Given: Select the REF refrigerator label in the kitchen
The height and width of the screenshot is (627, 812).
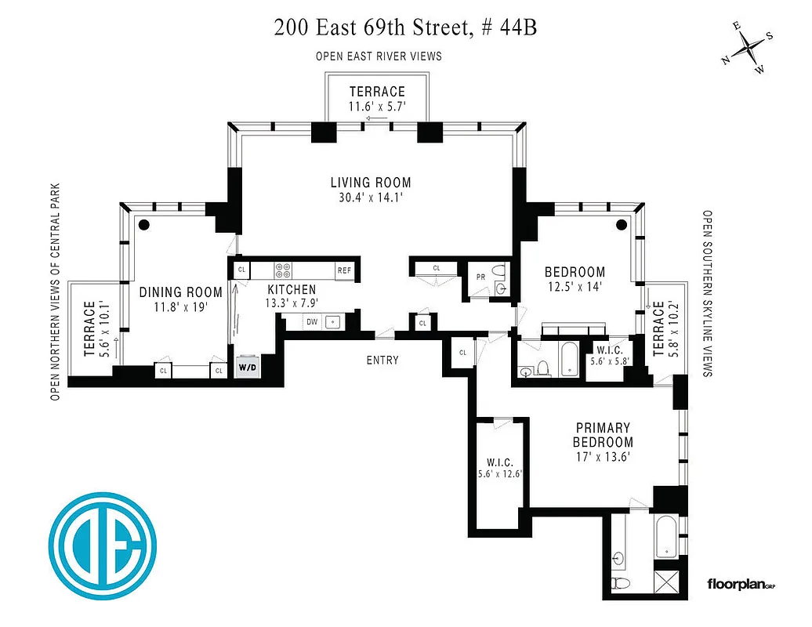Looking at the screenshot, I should click(344, 270).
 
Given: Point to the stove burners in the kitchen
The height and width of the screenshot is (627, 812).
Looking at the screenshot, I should click(283, 270).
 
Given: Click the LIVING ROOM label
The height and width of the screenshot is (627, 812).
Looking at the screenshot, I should click(370, 183).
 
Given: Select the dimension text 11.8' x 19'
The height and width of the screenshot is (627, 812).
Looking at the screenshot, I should click(180, 306).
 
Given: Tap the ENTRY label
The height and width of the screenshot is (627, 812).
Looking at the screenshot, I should click(382, 360).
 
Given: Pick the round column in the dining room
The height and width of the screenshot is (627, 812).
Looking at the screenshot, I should click(144, 224).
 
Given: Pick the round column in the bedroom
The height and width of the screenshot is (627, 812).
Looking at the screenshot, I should click(621, 226).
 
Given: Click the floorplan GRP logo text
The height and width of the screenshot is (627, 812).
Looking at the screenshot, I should click(741, 584).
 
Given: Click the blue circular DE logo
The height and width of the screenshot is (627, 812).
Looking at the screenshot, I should click(102, 546).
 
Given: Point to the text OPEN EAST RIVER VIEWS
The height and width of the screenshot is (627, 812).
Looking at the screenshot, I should click(379, 56).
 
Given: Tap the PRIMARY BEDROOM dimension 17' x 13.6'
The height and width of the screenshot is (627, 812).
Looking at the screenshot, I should click(603, 456).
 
